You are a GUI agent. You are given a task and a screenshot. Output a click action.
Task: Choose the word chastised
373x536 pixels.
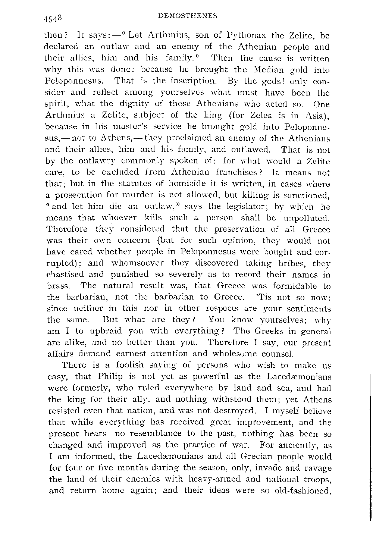click(x=70, y=275)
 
